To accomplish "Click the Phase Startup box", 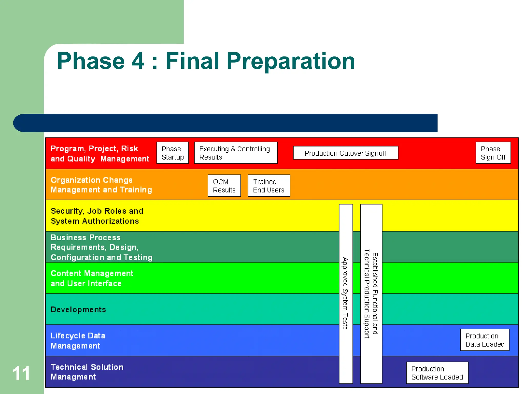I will pyautogui.click(x=173, y=153).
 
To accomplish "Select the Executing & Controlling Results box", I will pyautogui.click(x=236, y=153).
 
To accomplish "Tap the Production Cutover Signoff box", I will pyautogui.click(x=345, y=153).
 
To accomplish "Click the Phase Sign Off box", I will pyautogui.click(x=493, y=153).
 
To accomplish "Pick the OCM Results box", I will pyautogui.click(x=224, y=186).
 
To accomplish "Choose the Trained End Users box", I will pyautogui.click(x=269, y=186).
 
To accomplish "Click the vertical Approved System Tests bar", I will pyautogui.click(x=346, y=293).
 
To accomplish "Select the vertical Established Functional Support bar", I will pyautogui.click(x=371, y=293).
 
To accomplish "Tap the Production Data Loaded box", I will pyautogui.click(x=484, y=340).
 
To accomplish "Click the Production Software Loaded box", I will pyautogui.click(x=437, y=373).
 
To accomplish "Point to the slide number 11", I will pyautogui.click(x=21, y=373).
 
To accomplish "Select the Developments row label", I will pyautogui.click(x=78, y=310).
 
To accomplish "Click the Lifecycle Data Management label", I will pyautogui.click(x=78, y=341).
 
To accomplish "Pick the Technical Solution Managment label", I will pyautogui.click(x=87, y=372).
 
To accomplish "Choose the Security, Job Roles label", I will pyautogui.click(x=97, y=216).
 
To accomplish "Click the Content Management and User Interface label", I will pyautogui.click(x=92, y=278).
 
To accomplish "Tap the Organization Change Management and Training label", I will pyautogui.click(x=101, y=185).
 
